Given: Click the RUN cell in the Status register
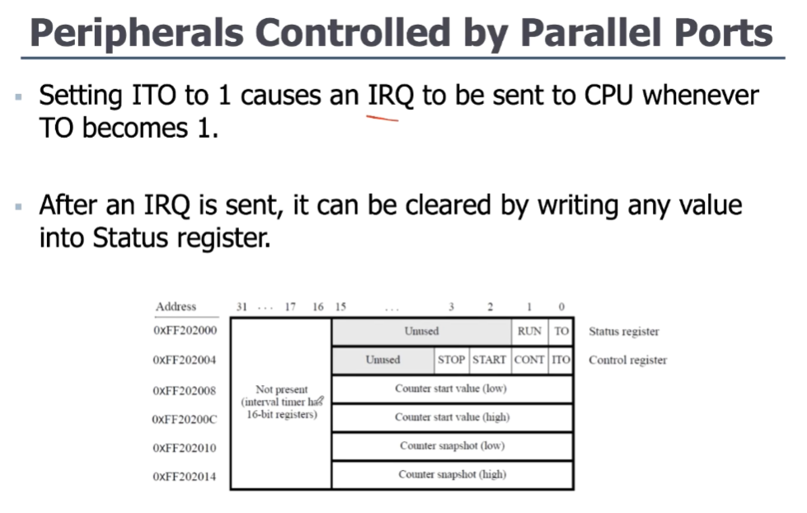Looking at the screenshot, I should point(529,332).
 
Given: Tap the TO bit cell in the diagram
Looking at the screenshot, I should point(561,332).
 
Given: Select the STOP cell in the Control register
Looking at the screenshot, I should point(451,360).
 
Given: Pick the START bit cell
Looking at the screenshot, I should point(489,360).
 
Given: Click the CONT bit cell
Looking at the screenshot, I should point(529,360).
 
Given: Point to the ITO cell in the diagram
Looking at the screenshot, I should point(561,360).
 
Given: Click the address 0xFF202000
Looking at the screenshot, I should point(185,332).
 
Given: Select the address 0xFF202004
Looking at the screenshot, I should point(185,360).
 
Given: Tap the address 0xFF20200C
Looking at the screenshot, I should point(185,419).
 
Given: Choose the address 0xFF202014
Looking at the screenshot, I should point(185,477).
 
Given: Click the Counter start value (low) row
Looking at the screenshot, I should point(451,388).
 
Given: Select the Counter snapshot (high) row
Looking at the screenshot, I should point(452,474).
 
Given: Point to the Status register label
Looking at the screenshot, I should point(623,332).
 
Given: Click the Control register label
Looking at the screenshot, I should point(627,360).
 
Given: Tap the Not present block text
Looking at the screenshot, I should point(281,402).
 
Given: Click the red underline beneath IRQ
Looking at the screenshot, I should point(382,118).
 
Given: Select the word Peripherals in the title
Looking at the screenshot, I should point(136,33).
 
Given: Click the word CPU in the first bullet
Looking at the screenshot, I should point(609,96).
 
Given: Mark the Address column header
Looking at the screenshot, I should point(176,307).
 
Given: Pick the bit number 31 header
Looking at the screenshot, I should point(242,307).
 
